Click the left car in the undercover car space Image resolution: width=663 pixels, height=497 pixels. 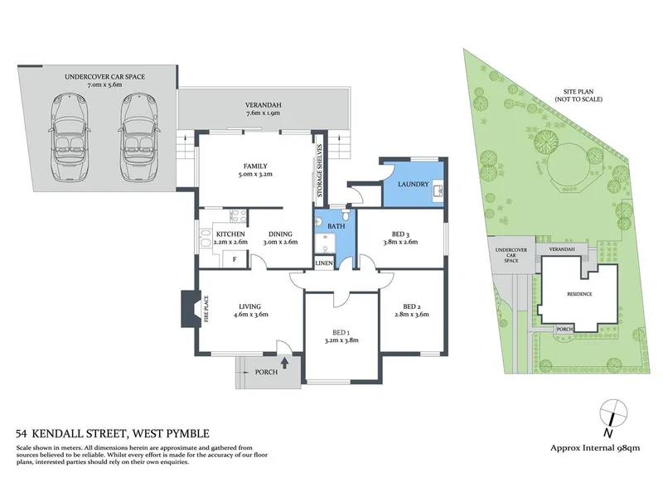(x=70, y=138)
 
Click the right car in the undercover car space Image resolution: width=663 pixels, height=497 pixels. (x=138, y=138)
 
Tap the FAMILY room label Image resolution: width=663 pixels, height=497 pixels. (x=255, y=166)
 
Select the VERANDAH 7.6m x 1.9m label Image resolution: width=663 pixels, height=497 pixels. (x=263, y=109)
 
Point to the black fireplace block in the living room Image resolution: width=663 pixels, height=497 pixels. (x=191, y=308)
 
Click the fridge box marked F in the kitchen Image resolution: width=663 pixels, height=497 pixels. (x=235, y=259)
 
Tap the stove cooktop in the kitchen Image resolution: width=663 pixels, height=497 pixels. (x=239, y=215)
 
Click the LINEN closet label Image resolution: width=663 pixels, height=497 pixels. (x=324, y=263)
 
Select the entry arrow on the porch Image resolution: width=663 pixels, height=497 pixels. (x=284, y=362)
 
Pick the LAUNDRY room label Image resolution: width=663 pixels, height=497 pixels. (x=413, y=184)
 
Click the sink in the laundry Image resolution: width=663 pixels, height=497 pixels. (x=438, y=191)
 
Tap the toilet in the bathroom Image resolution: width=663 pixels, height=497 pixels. (x=346, y=215)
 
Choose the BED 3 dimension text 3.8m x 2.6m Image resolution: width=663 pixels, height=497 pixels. (x=400, y=242)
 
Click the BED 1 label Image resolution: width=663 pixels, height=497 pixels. (x=341, y=332)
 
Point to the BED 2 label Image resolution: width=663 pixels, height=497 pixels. (x=411, y=306)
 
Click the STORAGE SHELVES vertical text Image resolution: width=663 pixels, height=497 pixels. (x=320, y=171)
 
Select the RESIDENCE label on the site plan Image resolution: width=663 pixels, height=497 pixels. (x=579, y=294)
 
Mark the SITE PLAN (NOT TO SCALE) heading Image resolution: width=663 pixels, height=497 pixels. (x=578, y=95)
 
